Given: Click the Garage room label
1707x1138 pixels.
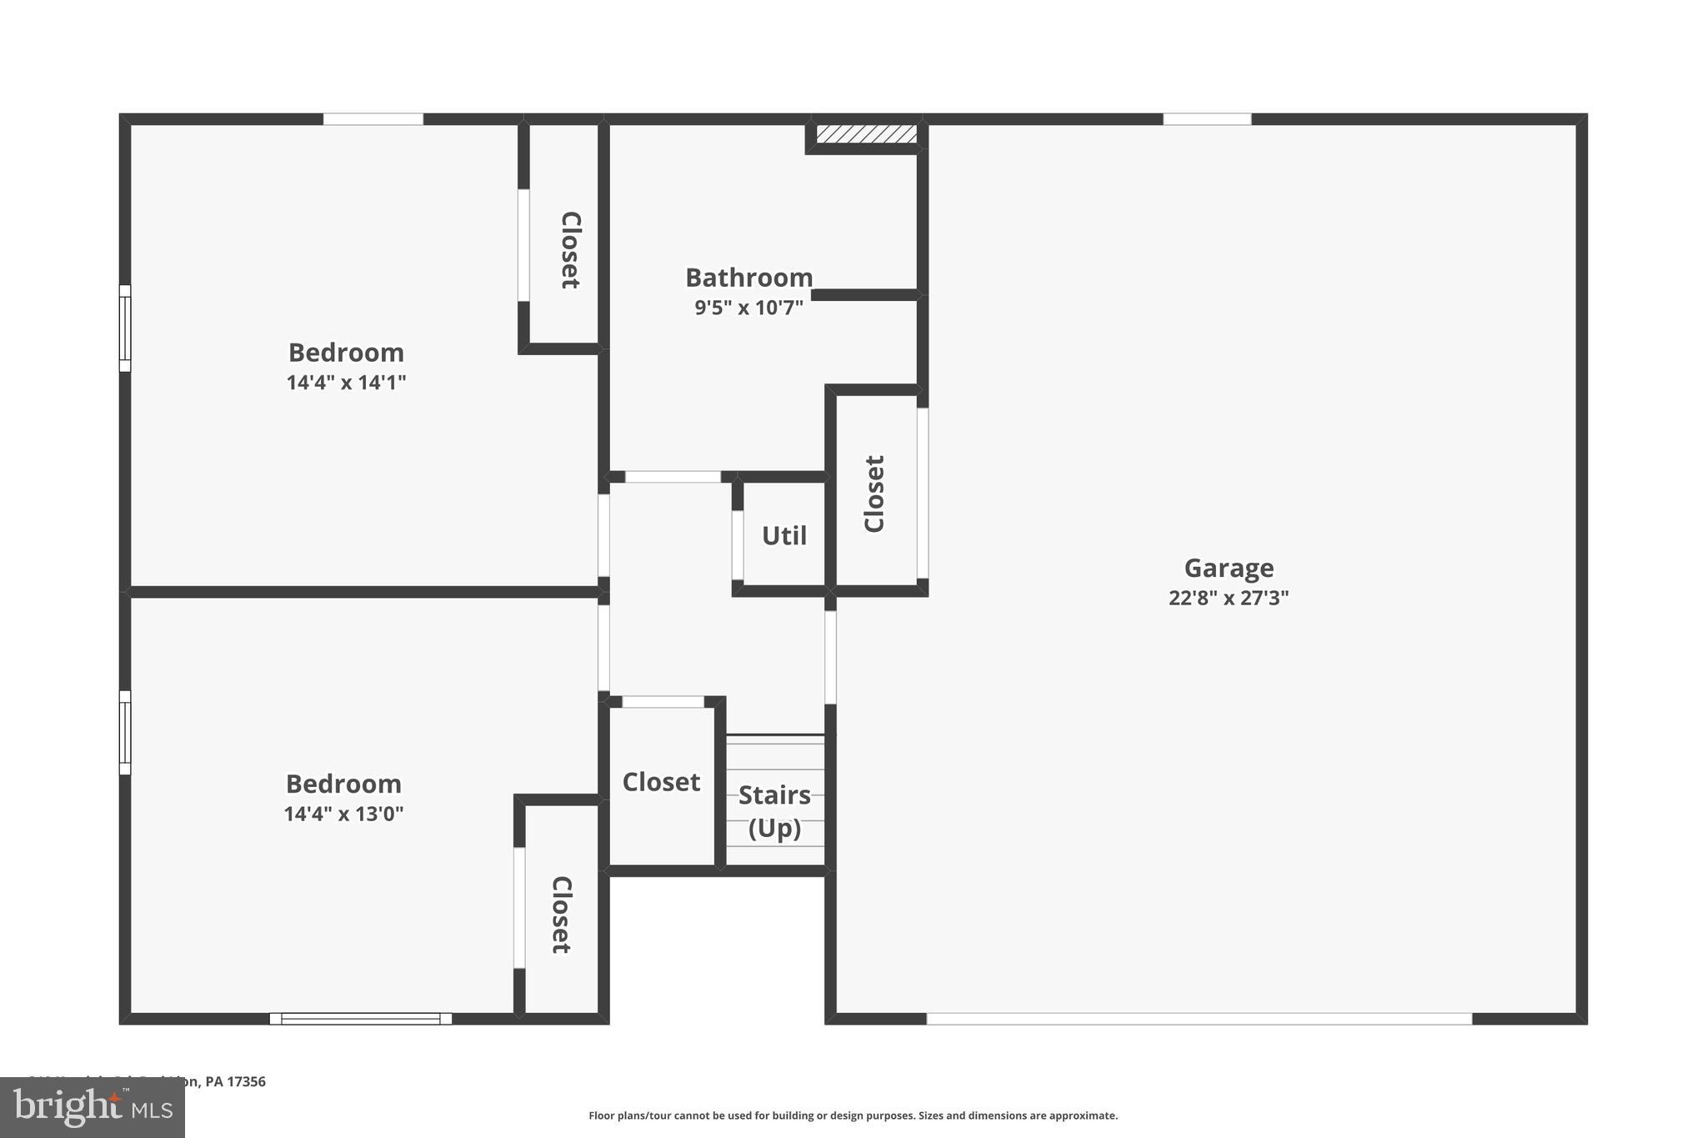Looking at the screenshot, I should coord(1229,569).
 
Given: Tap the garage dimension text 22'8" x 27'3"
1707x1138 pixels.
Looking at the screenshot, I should coord(1229,598).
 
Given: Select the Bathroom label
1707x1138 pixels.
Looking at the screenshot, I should coord(748,278).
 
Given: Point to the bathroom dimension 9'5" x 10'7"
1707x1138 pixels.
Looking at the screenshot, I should coord(748,308).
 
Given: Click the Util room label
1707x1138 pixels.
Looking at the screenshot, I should coord(783,536).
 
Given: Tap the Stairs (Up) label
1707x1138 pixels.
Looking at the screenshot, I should coord(774,811).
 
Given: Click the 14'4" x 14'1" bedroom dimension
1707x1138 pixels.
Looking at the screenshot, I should coord(346,383).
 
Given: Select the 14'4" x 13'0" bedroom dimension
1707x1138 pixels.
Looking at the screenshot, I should coord(343,814).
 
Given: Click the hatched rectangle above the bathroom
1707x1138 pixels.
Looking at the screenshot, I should coord(866,134).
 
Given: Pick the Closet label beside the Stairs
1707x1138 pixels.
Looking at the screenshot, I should coord(661,782).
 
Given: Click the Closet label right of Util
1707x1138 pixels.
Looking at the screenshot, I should coord(874,494).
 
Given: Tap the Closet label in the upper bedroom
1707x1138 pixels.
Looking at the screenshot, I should coord(570,250).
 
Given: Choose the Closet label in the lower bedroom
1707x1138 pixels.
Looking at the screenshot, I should coord(561,915).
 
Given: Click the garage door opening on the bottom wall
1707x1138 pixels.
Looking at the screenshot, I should coord(1199,1019).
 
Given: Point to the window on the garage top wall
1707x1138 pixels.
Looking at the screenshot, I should coord(1207,119).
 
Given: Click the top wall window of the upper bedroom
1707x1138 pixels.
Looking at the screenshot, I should coord(373,119).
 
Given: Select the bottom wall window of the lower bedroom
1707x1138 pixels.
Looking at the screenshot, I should coord(360,1019).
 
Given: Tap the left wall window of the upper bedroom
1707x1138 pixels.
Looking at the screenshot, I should coord(125,328).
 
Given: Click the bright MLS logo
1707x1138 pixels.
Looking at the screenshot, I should coord(92,1108).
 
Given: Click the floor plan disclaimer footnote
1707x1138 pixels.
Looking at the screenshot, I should coord(853,1115).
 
